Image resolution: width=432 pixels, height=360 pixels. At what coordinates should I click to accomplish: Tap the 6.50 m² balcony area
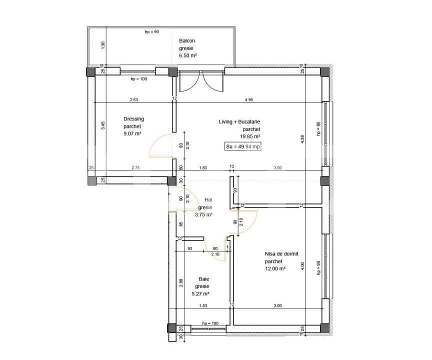point(188,56)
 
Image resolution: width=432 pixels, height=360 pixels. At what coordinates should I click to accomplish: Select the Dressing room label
point(133,119)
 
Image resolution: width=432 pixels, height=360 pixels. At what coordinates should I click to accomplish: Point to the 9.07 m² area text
point(133,133)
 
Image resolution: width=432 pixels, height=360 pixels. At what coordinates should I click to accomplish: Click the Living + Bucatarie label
point(239,121)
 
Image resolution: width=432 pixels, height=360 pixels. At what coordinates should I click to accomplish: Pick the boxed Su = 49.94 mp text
point(242,146)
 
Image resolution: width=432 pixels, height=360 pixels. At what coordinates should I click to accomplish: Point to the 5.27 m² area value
point(200,293)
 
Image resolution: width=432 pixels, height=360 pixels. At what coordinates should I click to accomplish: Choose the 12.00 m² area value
point(275,268)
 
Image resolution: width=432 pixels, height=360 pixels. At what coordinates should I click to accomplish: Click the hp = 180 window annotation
point(210,324)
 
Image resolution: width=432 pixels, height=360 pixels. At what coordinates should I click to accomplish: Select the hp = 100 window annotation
point(138,79)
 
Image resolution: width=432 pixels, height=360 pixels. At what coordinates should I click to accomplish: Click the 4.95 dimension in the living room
point(248,100)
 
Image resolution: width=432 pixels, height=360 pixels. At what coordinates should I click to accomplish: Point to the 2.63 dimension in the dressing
point(133,100)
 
